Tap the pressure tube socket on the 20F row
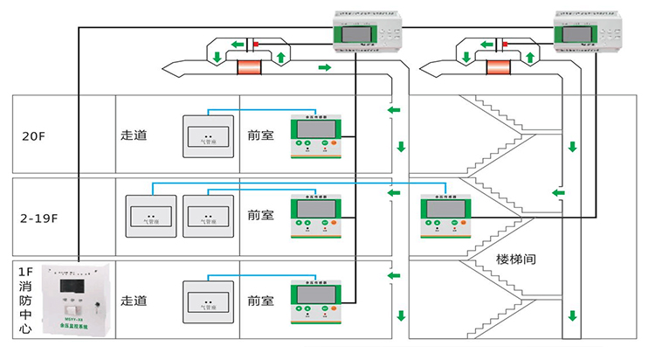(x=208, y=137)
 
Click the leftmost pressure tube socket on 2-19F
(x=152, y=216)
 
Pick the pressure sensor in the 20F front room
(x=315, y=136)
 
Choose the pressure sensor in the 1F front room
(x=315, y=301)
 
